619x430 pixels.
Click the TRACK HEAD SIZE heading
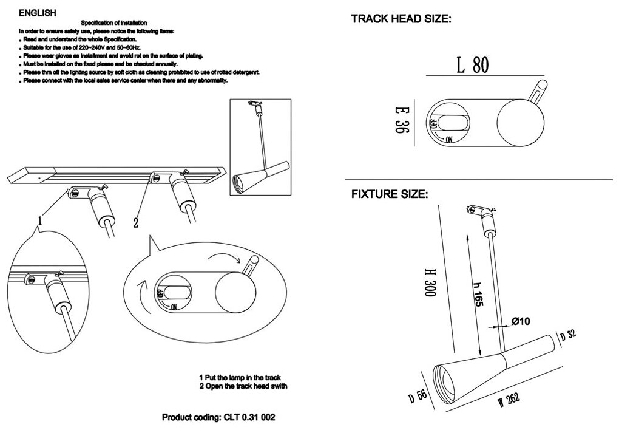click(401, 19)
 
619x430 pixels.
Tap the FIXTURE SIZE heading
click(390, 196)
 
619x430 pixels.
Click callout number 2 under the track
click(136, 223)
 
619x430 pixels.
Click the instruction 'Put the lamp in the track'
click(240, 377)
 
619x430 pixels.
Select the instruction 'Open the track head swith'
click(242, 386)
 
